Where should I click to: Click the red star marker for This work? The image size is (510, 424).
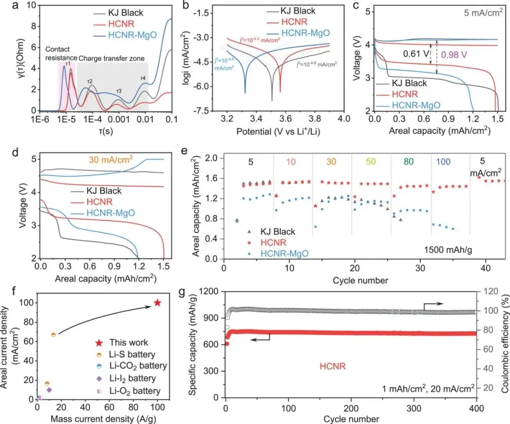(158, 303)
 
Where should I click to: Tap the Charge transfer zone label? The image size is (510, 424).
(109, 59)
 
